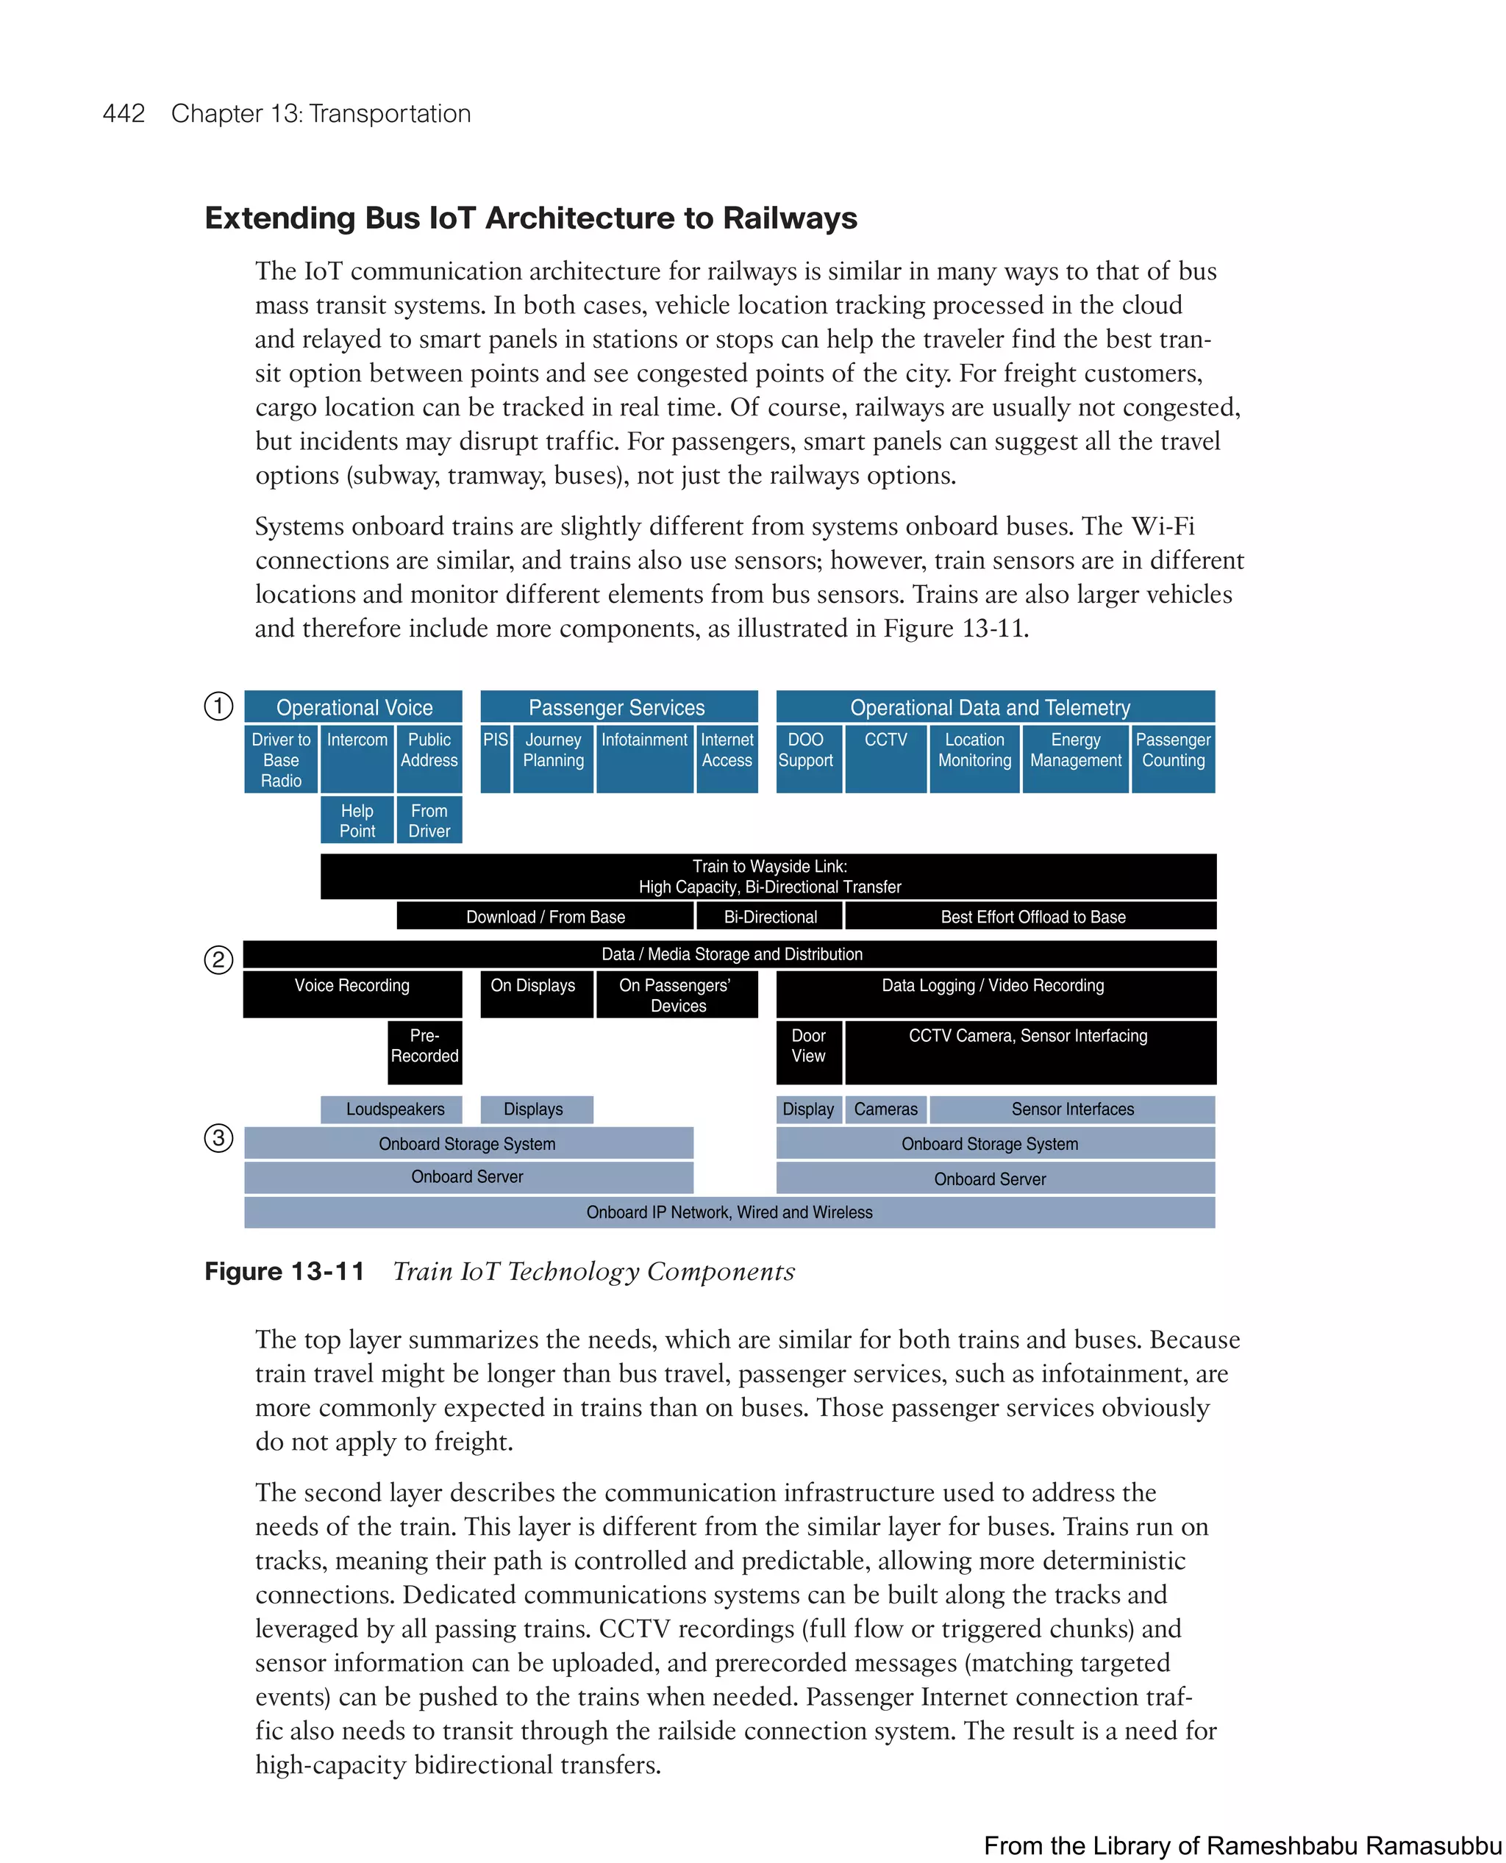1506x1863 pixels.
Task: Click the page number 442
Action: (124, 114)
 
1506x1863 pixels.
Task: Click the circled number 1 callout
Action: (218, 706)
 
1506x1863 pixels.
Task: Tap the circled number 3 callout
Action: (218, 1137)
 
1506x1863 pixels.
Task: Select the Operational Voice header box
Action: (353, 707)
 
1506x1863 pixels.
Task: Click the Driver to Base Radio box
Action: (281, 759)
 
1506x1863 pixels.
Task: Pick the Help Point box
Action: (357, 820)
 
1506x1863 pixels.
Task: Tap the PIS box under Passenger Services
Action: (496, 759)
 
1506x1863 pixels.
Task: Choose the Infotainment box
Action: (645, 759)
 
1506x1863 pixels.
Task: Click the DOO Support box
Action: (807, 759)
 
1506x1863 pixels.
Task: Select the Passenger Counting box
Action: (1173, 759)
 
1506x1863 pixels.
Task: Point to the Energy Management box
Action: (1076, 759)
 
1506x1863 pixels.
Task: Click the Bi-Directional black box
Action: (771, 917)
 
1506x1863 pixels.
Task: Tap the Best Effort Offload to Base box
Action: (1032, 917)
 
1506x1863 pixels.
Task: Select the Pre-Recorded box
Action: (424, 1052)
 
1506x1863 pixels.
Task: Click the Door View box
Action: (809, 1052)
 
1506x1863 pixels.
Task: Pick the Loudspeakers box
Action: (395, 1109)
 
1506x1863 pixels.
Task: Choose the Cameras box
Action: (885, 1109)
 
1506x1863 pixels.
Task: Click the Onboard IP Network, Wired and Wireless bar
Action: (729, 1212)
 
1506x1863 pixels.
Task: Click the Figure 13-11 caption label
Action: (285, 1271)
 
